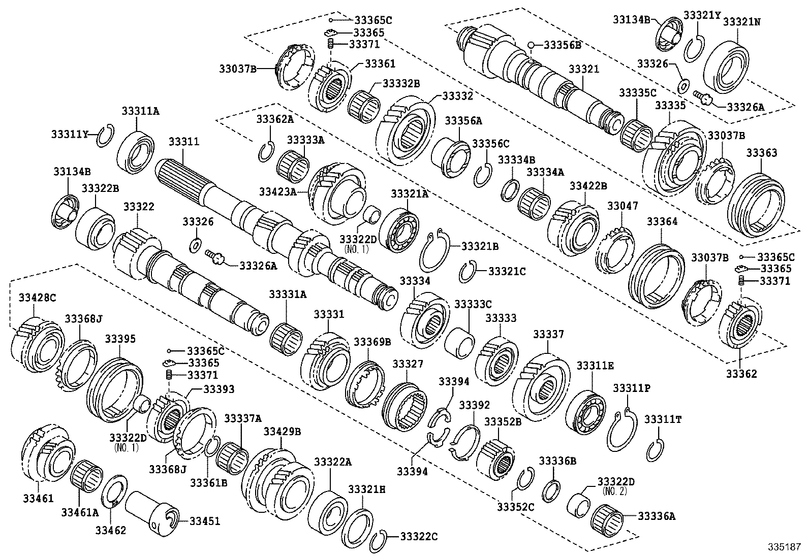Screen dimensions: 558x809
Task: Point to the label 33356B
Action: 562,45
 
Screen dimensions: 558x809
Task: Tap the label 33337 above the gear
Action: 548,334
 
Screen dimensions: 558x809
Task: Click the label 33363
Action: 761,153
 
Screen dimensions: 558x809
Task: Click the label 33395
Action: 120,339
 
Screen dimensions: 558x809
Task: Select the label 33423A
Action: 277,191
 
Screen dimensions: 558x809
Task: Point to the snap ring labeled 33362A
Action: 265,152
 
